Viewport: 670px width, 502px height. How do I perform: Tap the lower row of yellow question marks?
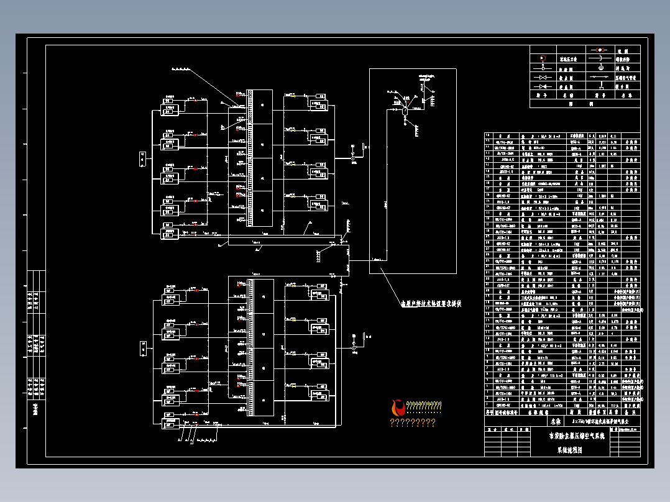[412, 423]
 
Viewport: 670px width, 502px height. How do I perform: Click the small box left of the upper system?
[142, 159]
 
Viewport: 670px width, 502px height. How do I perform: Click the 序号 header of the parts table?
[488, 411]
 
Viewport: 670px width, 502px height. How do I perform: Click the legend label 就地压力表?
[567, 60]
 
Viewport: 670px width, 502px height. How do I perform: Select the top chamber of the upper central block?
[263, 107]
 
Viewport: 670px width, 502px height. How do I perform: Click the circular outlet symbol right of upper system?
[354, 158]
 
